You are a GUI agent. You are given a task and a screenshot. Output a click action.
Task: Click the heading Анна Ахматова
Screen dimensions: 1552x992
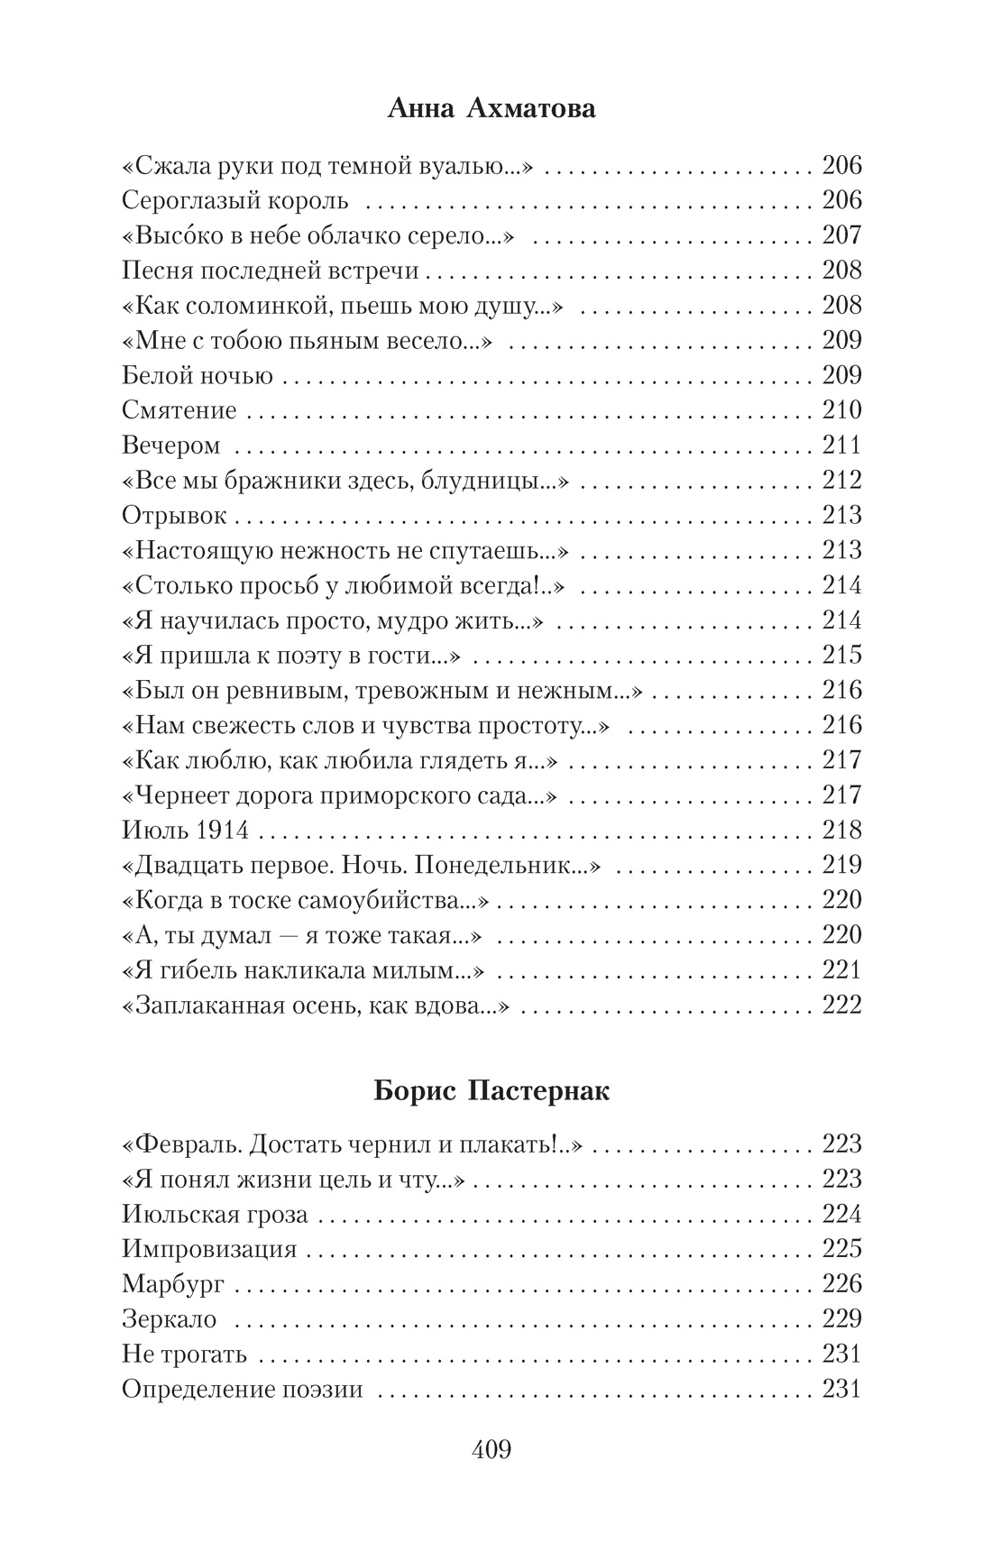491,110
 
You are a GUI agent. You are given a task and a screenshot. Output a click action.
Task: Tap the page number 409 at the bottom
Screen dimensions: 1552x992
491,1449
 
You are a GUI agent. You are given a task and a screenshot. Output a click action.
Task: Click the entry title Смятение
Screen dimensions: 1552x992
179,410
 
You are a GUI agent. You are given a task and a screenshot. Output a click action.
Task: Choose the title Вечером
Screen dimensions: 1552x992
170,445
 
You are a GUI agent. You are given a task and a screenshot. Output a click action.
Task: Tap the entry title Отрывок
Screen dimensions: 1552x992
174,516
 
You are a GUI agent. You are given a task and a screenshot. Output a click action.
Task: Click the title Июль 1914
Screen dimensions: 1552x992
185,830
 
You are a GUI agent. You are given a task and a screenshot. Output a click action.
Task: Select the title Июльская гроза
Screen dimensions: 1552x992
215,1215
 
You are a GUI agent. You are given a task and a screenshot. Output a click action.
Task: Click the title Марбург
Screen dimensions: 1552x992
172,1284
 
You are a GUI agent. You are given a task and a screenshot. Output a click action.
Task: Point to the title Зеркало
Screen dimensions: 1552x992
169,1319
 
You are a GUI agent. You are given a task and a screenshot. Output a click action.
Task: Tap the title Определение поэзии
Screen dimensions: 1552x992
242,1390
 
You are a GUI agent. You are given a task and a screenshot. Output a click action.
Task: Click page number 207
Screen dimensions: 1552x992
841,235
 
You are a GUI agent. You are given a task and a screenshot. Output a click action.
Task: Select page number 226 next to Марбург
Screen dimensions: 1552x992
841,1284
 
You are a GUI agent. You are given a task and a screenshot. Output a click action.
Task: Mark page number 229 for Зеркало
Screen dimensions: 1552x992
841,1319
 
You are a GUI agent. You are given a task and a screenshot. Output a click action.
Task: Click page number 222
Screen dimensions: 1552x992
841,1005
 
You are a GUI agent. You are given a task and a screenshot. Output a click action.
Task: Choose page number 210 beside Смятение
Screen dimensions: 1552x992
841,410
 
